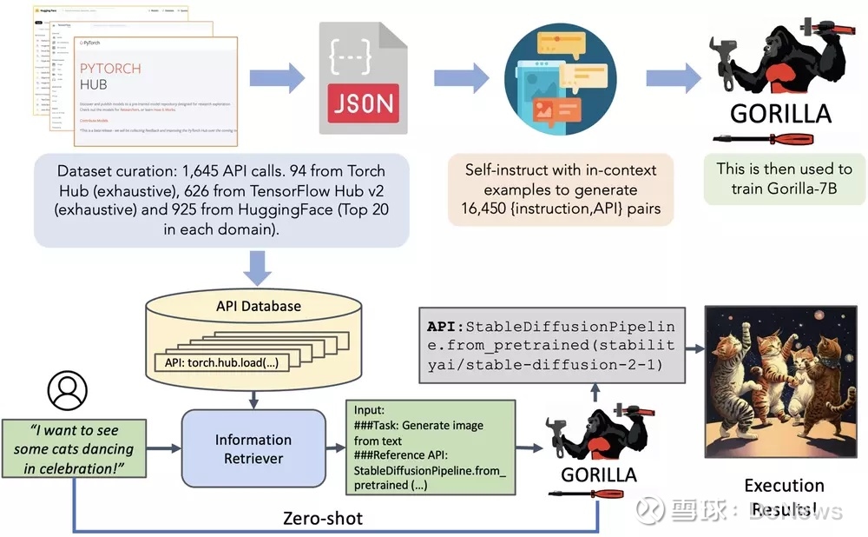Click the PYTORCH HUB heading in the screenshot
pyautogui.click(x=109, y=78)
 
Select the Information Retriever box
pyautogui.click(x=253, y=449)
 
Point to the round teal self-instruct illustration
pyautogui.click(x=556, y=76)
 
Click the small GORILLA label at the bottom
pyautogui.click(x=599, y=474)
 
